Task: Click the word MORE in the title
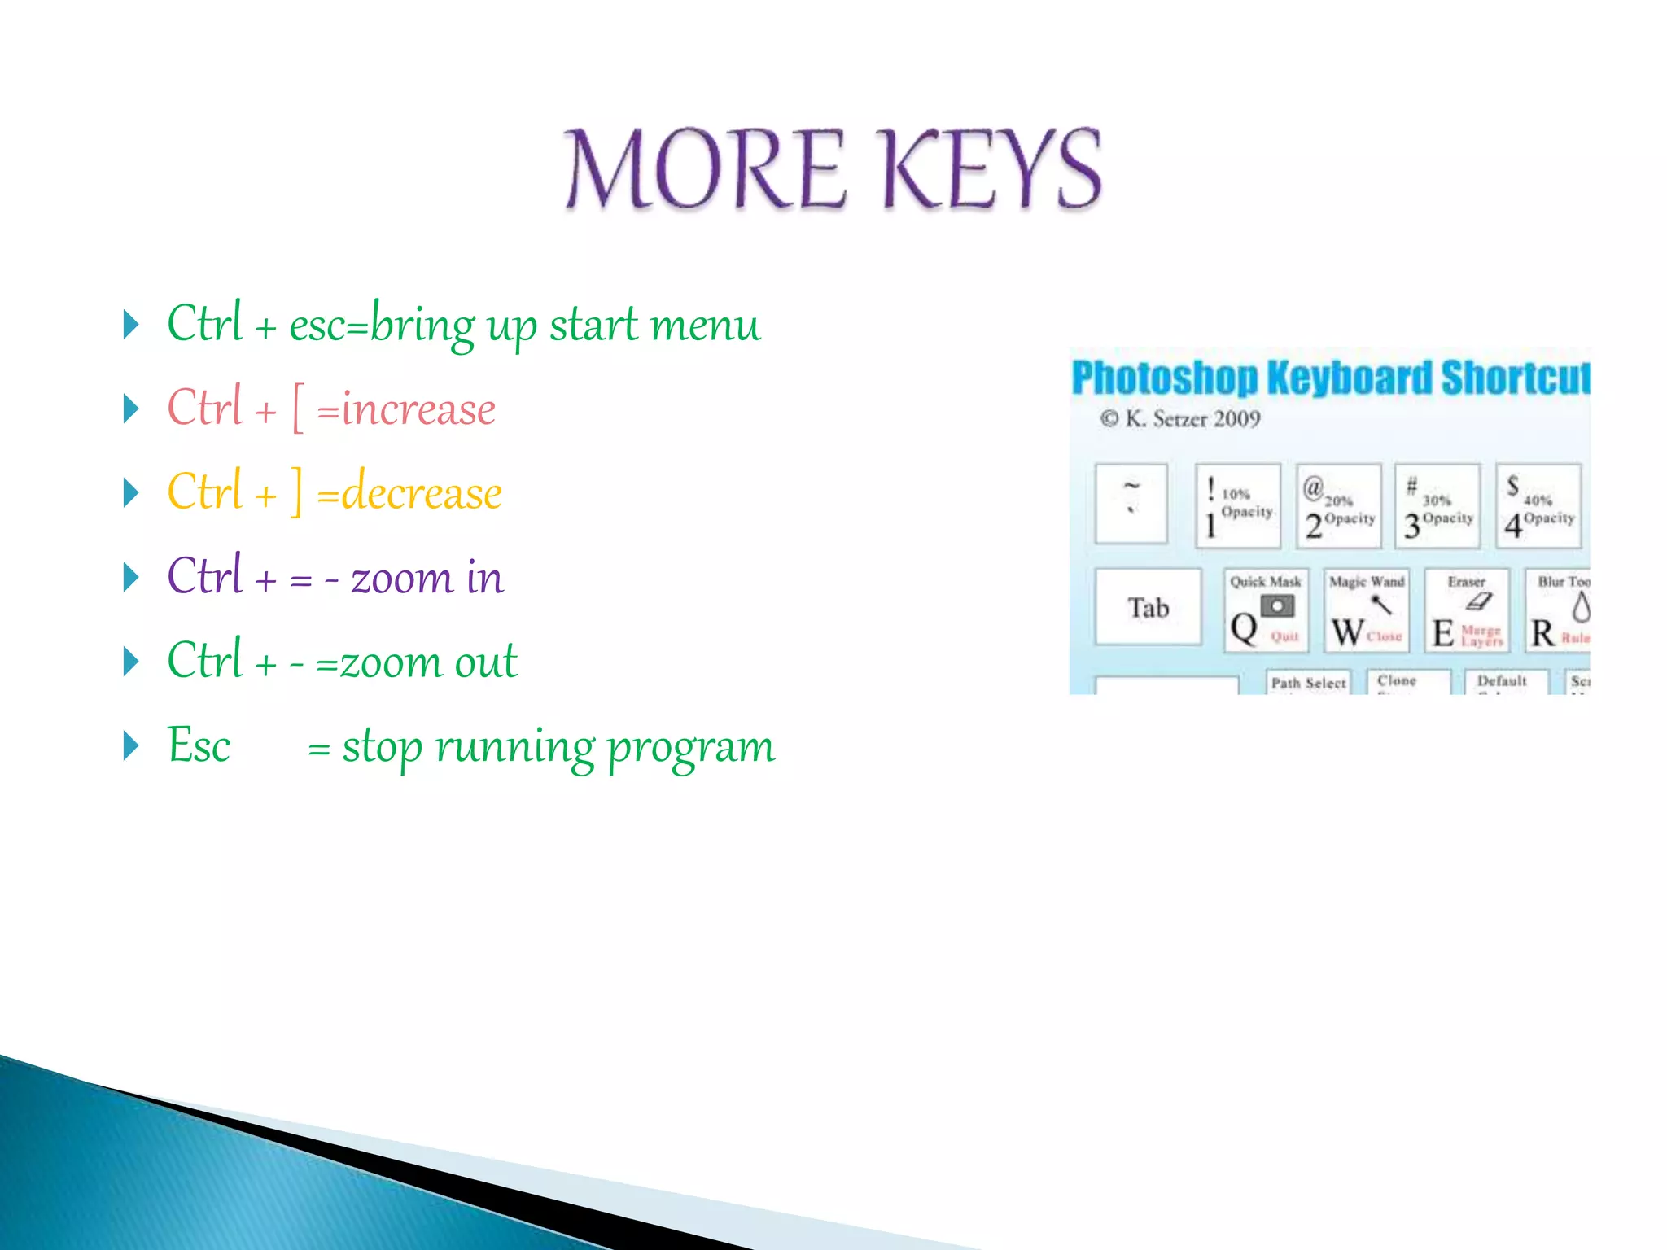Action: coord(705,169)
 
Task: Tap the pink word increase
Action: coord(418,409)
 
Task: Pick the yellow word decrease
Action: coord(421,493)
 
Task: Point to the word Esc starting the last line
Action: coord(199,745)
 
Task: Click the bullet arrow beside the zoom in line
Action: coord(131,577)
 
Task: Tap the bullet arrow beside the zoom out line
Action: coord(131,661)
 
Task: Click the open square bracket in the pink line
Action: coord(298,409)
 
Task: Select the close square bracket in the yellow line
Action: coord(297,493)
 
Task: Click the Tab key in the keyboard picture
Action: coord(1148,608)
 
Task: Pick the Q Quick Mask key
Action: coord(1265,611)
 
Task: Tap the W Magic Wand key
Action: coord(1366,611)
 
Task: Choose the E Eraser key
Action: coord(1467,611)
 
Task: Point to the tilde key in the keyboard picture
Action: coord(1131,503)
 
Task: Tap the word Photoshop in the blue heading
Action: coord(1164,378)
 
